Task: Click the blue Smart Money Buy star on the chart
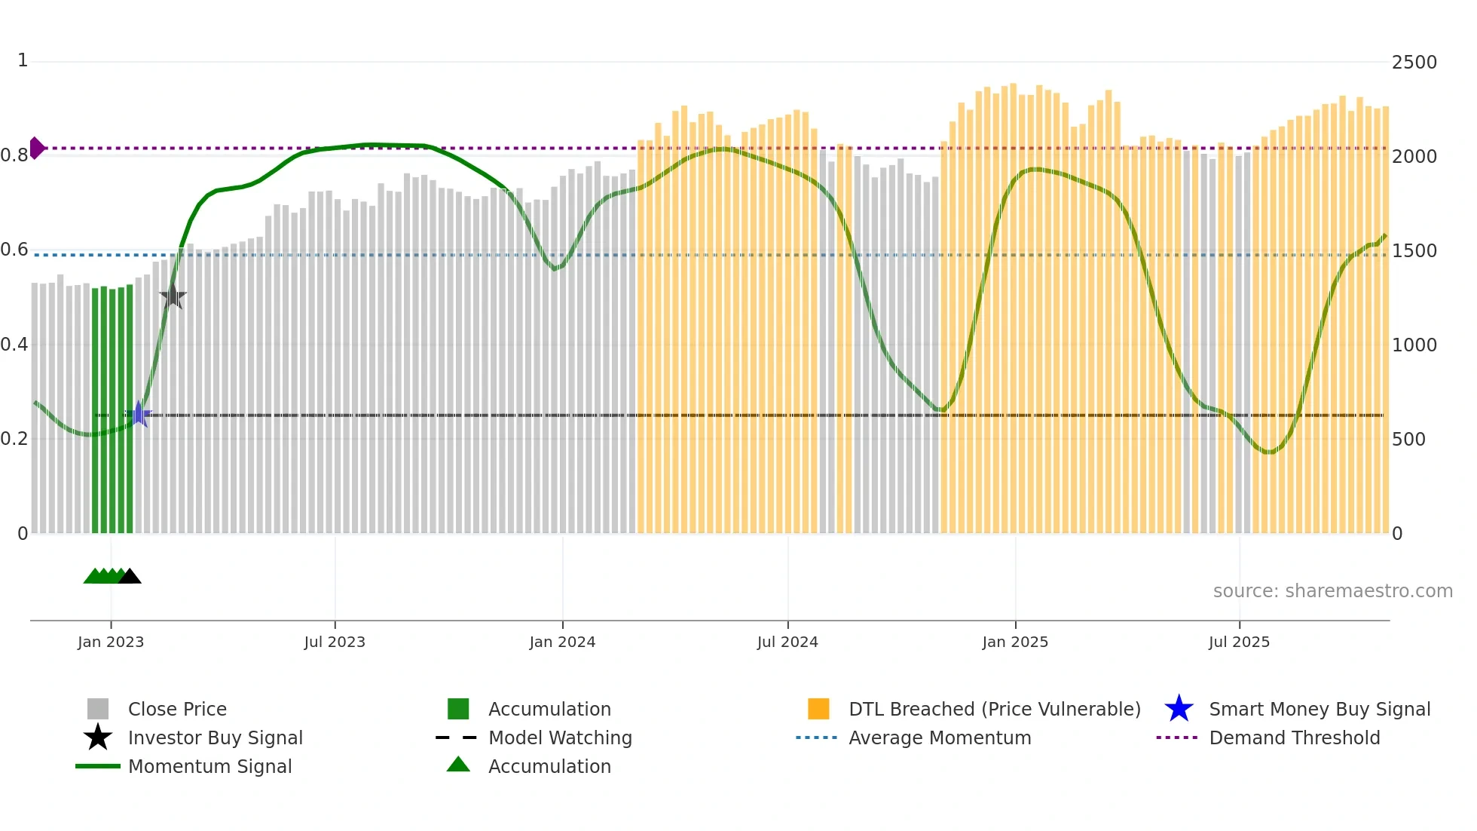pyautogui.click(x=139, y=414)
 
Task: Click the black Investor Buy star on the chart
pyautogui.click(x=173, y=296)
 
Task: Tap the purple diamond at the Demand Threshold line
pyautogui.click(x=36, y=148)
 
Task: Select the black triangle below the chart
pyautogui.click(x=130, y=576)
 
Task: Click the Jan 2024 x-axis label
pyautogui.click(x=562, y=642)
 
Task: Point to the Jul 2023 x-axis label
pyautogui.click(x=335, y=642)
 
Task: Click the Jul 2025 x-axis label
pyautogui.click(x=1239, y=642)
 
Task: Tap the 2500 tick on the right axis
pyautogui.click(x=1414, y=63)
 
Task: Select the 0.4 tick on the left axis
pyautogui.click(x=14, y=345)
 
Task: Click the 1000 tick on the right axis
pyautogui.click(x=1414, y=345)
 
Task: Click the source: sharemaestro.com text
pyautogui.click(x=1332, y=591)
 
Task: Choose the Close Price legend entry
pyautogui.click(x=177, y=709)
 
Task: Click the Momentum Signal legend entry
pyautogui.click(x=209, y=766)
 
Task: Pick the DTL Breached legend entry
pyautogui.click(x=994, y=709)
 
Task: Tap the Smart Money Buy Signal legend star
pyautogui.click(x=1179, y=709)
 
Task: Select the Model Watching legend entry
pyautogui.click(x=560, y=737)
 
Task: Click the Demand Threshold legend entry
pyautogui.click(x=1294, y=737)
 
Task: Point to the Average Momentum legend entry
pyautogui.click(x=939, y=737)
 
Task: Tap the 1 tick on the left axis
pyautogui.click(x=23, y=60)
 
